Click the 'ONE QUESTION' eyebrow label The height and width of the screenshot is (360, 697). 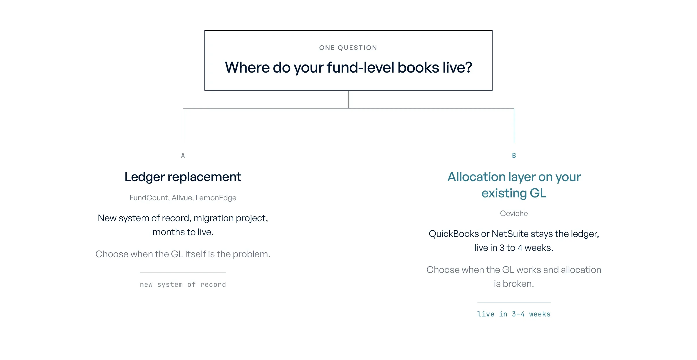pos(348,48)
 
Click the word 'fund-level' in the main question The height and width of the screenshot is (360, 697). pos(360,68)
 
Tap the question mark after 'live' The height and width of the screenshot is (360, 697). pos(468,67)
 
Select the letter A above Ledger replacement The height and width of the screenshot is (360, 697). pos(183,156)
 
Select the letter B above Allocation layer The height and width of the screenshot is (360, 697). pos(514,156)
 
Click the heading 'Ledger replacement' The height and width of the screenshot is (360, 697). pos(183,177)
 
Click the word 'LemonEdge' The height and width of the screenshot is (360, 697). pos(216,198)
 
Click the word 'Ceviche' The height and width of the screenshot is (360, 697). pos(514,213)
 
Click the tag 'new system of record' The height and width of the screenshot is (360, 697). pos(183,285)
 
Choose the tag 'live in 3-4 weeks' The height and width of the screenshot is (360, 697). pos(514,314)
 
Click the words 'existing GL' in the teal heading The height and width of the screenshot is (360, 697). pos(514,193)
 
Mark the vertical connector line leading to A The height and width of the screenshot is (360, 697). pos(183,125)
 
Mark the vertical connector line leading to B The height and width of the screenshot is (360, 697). pos(514,125)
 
